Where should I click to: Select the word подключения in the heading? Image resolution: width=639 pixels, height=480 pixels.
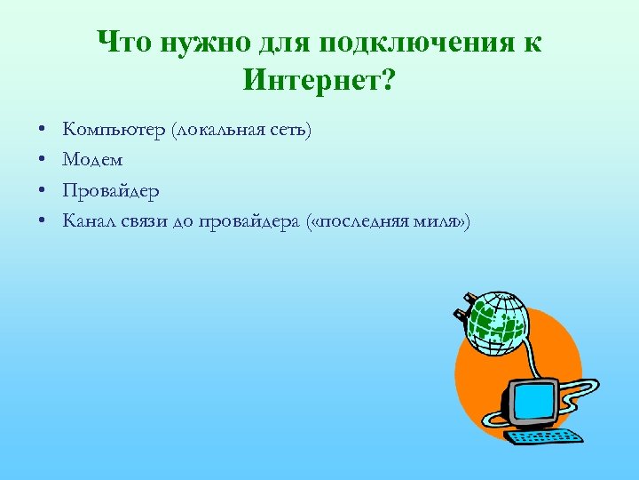[x=414, y=42]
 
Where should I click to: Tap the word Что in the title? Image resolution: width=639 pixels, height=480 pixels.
[x=125, y=42]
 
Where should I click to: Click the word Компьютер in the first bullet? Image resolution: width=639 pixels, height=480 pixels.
[x=114, y=131]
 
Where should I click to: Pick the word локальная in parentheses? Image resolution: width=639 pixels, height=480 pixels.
[x=219, y=131]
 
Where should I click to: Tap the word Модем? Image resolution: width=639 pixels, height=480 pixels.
[x=92, y=160]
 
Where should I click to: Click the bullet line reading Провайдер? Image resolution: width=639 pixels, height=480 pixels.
[x=111, y=190]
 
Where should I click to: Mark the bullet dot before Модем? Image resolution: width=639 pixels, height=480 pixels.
[x=43, y=161]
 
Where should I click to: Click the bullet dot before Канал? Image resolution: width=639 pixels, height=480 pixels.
[x=43, y=221]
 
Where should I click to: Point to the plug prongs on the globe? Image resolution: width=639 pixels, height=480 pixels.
[x=462, y=310]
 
